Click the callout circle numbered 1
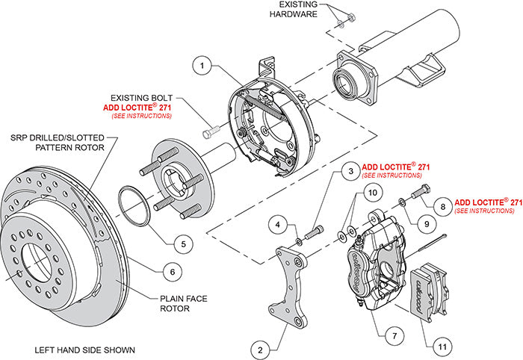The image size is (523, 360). coord(201,66)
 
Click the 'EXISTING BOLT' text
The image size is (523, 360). coord(140,97)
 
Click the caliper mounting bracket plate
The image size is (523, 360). coord(292,288)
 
